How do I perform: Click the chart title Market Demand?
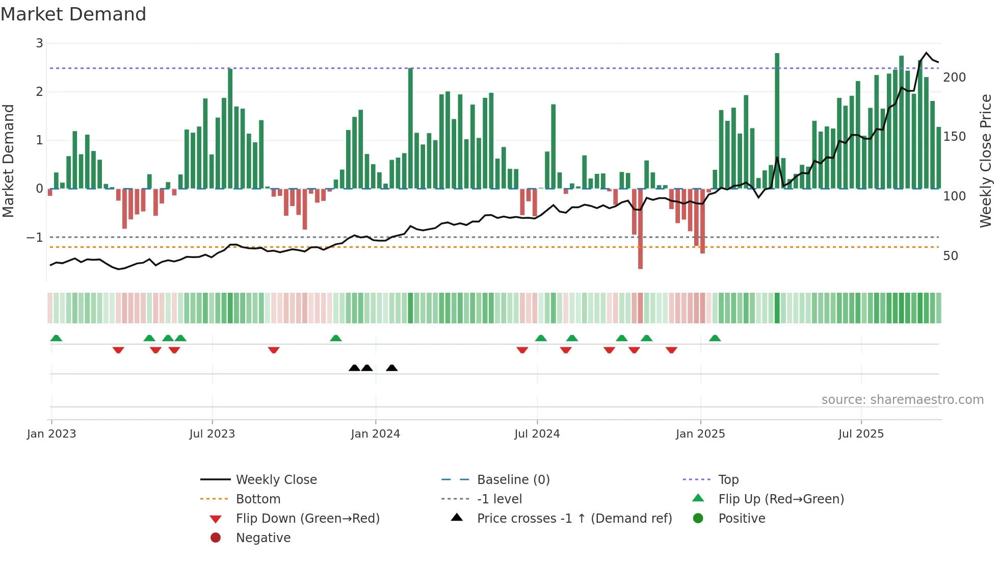(73, 14)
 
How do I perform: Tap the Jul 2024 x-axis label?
(537, 434)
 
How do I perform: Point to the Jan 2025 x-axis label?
(700, 434)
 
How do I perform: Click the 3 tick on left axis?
(39, 43)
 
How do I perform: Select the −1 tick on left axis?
(35, 238)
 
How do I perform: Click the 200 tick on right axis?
(954, 78)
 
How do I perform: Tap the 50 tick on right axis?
(950, 256)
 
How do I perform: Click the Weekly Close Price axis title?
(985, 161)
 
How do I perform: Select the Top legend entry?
(728, 480)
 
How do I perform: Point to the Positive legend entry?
(741, 519)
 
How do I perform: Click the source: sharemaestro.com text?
(902, 400)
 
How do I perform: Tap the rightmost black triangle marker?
(391, 368)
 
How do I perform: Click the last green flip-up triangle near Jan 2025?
(715, 338)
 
